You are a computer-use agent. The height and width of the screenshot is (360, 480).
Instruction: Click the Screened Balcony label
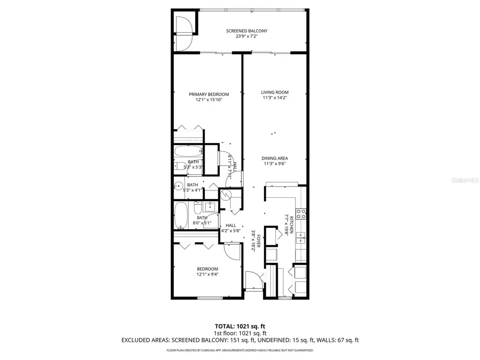(247, 31)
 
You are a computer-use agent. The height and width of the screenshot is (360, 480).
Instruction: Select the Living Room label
(275, 92)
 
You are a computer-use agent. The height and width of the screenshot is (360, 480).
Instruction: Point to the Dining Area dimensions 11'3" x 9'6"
(274, 164)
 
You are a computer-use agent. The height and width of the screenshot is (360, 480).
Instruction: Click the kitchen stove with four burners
(301, 214)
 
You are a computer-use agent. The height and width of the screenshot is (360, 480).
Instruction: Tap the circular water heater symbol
(226, 195)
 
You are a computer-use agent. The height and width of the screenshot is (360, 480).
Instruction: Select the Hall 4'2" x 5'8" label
(231, 228)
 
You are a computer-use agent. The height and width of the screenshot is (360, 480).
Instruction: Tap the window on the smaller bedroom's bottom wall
(209, 298)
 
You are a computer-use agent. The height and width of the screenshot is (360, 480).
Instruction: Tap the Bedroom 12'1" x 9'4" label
(207, 271)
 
